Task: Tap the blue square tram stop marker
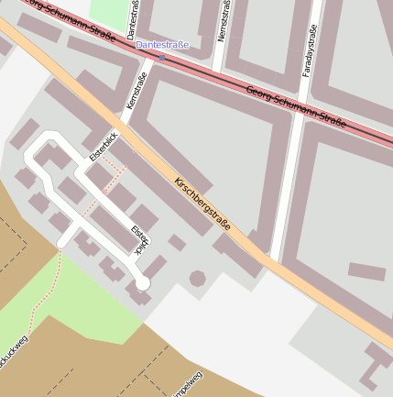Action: coord(162,57)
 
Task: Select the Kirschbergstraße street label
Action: coord(202,204)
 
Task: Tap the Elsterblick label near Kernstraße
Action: coord(103,147)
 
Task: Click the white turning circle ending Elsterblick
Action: coord(142,283)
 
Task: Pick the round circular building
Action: coord(197,278)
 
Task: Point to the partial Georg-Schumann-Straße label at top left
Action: coord(78,20)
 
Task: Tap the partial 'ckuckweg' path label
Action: coord(14,354)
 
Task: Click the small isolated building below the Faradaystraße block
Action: coord(366,271)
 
